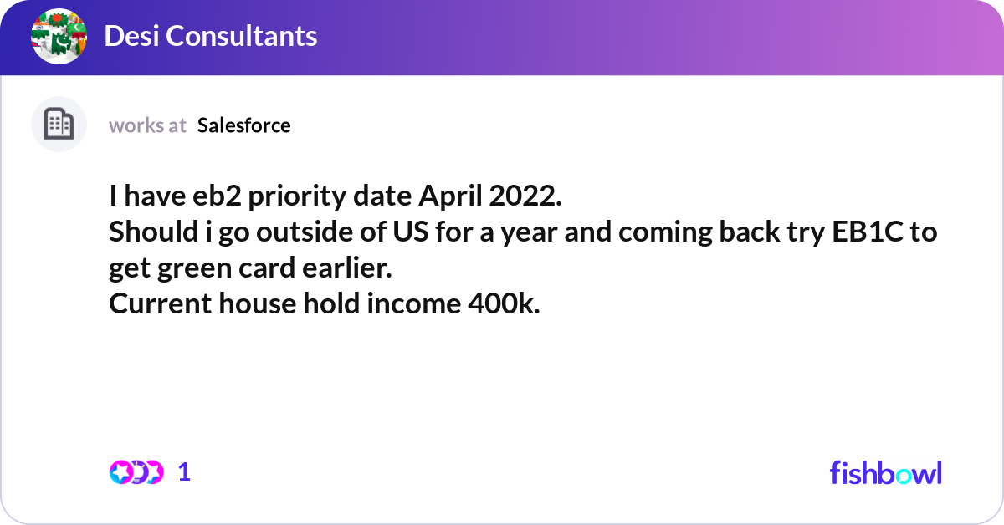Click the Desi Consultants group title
click(210, 36)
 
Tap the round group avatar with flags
click(59, 37)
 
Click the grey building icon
click(59, 125)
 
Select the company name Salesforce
click(244, 125)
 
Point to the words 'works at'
click(147, 125)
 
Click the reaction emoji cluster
click(136, 472)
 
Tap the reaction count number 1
click(184, 472)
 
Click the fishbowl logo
click(885, 472)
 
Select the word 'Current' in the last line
click(160, 305)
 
